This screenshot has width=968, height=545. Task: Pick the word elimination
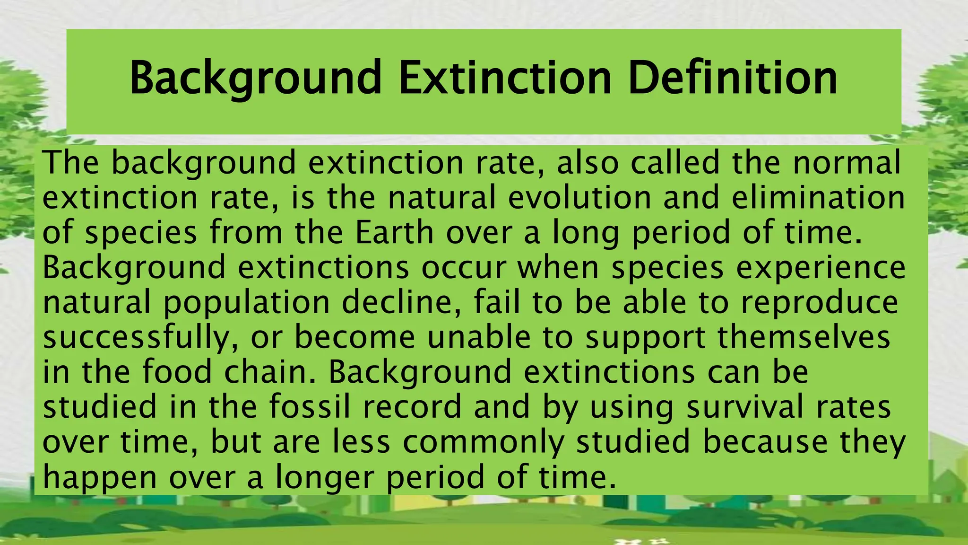coord(818,197)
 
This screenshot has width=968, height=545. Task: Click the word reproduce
coord(820,303)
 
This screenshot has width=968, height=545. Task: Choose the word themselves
coord(804,338)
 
